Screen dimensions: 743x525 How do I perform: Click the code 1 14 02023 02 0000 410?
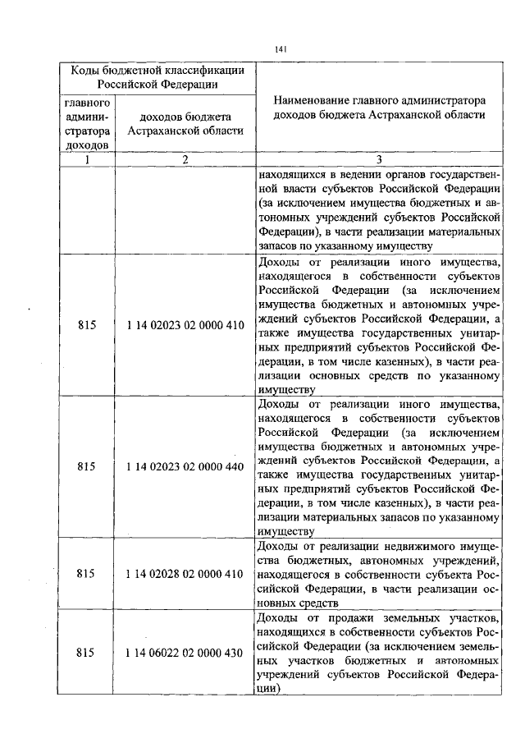coord(185,325)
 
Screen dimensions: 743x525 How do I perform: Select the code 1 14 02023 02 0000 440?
coord(185,466)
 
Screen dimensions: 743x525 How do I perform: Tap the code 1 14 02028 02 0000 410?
coord(185,574)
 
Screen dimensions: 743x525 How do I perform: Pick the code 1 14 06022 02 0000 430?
coord(185,653)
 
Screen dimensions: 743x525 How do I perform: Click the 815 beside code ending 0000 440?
coord(87,466)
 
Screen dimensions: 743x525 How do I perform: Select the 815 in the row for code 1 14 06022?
coord(87,653)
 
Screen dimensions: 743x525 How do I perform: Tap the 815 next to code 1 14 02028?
coord(87,574)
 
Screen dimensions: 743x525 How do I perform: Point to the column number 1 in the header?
coord(87,159)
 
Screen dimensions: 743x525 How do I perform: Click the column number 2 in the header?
coord(185,159)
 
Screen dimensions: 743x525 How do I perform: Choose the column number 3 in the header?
coord(378,159)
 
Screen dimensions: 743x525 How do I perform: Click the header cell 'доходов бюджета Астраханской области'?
coord(185,124)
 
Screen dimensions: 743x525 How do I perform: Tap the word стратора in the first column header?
coord(87,131)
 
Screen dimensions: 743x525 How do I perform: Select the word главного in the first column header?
coord(87,103)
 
